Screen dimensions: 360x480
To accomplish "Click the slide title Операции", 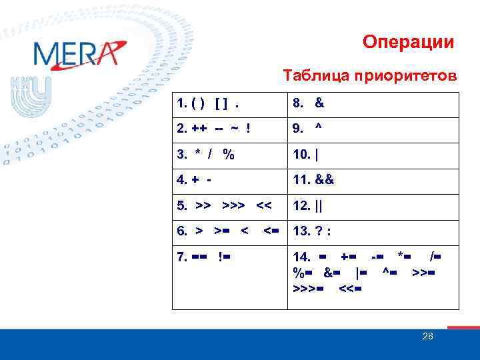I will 408,43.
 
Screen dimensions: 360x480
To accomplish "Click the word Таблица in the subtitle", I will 311,75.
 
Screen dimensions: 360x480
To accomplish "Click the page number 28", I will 427,337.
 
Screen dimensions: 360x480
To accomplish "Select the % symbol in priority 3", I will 229,155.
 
